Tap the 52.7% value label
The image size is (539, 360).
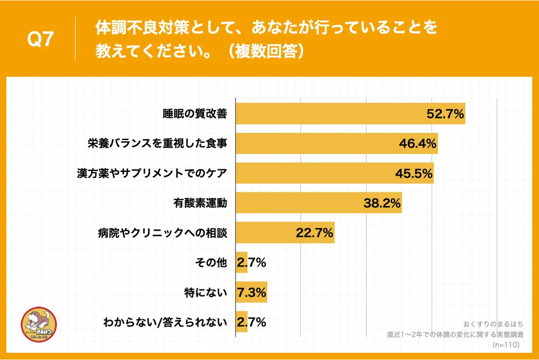tap(445, 114)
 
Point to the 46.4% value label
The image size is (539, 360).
tap(418, 144)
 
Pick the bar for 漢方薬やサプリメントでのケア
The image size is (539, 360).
tap(313, 173)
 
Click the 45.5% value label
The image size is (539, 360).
tap(414, 173)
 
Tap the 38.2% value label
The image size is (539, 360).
tap(381, 203)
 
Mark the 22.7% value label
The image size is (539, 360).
tap(314, 233)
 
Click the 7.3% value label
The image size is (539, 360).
tap(252, 292)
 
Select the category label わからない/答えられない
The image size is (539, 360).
tap(165, 322)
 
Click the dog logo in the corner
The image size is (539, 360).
tap(39, 325)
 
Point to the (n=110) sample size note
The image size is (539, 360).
tap(505, 345)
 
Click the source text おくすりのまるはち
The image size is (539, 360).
tap(493, 324)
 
